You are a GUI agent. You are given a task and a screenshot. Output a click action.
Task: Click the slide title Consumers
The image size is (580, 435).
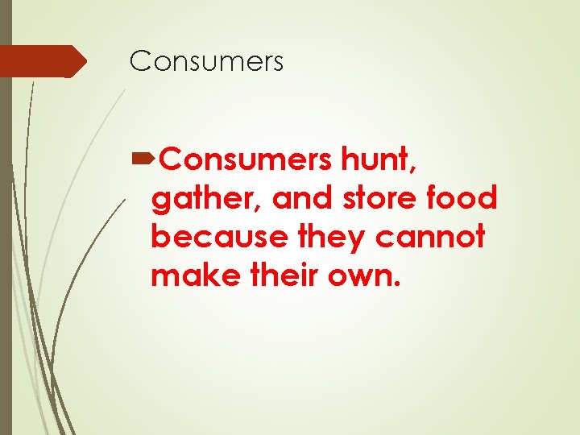coord(207,60)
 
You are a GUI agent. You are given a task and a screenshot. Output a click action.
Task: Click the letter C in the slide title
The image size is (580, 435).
coord(140,60)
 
